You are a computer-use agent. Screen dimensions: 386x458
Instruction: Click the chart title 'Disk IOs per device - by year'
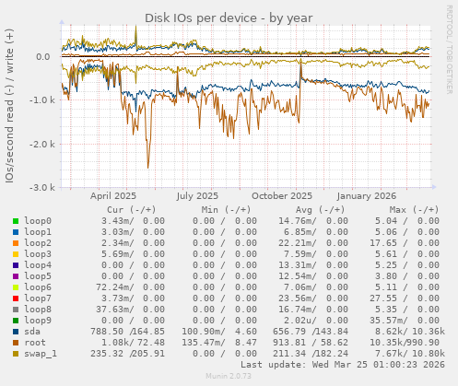click(x=229, y=18)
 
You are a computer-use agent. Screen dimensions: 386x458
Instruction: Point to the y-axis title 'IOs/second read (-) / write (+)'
click(x=10, y=105)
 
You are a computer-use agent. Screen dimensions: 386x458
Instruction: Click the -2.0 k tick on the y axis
click(x=41, y=145)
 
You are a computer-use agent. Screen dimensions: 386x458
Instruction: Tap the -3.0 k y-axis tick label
click(x=41, y=188)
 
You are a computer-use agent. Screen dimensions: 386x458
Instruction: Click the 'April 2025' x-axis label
click(x=113, y=196)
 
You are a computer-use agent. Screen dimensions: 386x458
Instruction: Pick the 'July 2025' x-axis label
click(x=197, y=196)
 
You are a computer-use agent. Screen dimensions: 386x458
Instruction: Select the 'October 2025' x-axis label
click(x=282, y=196)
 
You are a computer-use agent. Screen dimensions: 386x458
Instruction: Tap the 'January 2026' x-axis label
click(x=366, y=196)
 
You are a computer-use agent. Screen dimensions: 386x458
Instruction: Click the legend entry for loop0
click(x=38, y=221)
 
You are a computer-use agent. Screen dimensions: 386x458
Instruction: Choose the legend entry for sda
click(x=32, y=332)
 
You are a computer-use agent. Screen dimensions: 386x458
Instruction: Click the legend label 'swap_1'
click(x=40, y=354)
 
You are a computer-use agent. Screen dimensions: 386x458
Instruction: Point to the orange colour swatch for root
click(x=16, y=343)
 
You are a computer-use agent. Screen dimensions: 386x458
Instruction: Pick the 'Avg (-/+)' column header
click(x=317, y=209)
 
